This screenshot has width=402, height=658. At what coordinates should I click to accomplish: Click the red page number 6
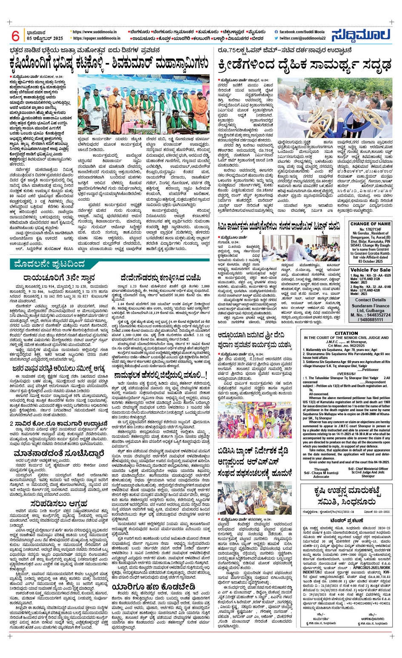(x=16, y=35)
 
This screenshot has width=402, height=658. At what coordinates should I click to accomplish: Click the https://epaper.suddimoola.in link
(x=96, y=38)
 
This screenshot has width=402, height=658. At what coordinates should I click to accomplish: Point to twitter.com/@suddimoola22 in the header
(x=302, y=38)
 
